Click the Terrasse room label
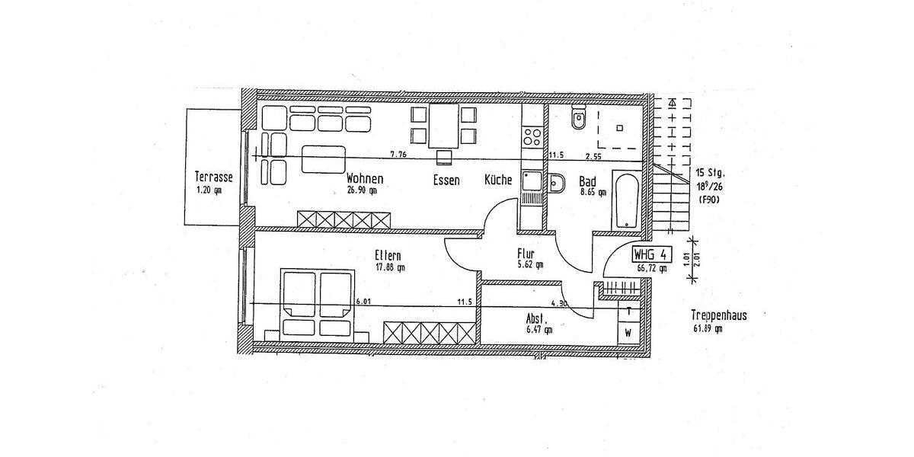click(213, 178)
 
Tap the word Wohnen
click(364, 179)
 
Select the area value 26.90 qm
click(362, 191)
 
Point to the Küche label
click(498, 181)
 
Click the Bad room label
click(587, 181)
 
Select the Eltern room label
click(388, 255)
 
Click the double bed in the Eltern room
click(318, 302)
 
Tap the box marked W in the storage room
click(628, 333)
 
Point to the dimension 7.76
click(398, 155)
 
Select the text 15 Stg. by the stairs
click(711, 172)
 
